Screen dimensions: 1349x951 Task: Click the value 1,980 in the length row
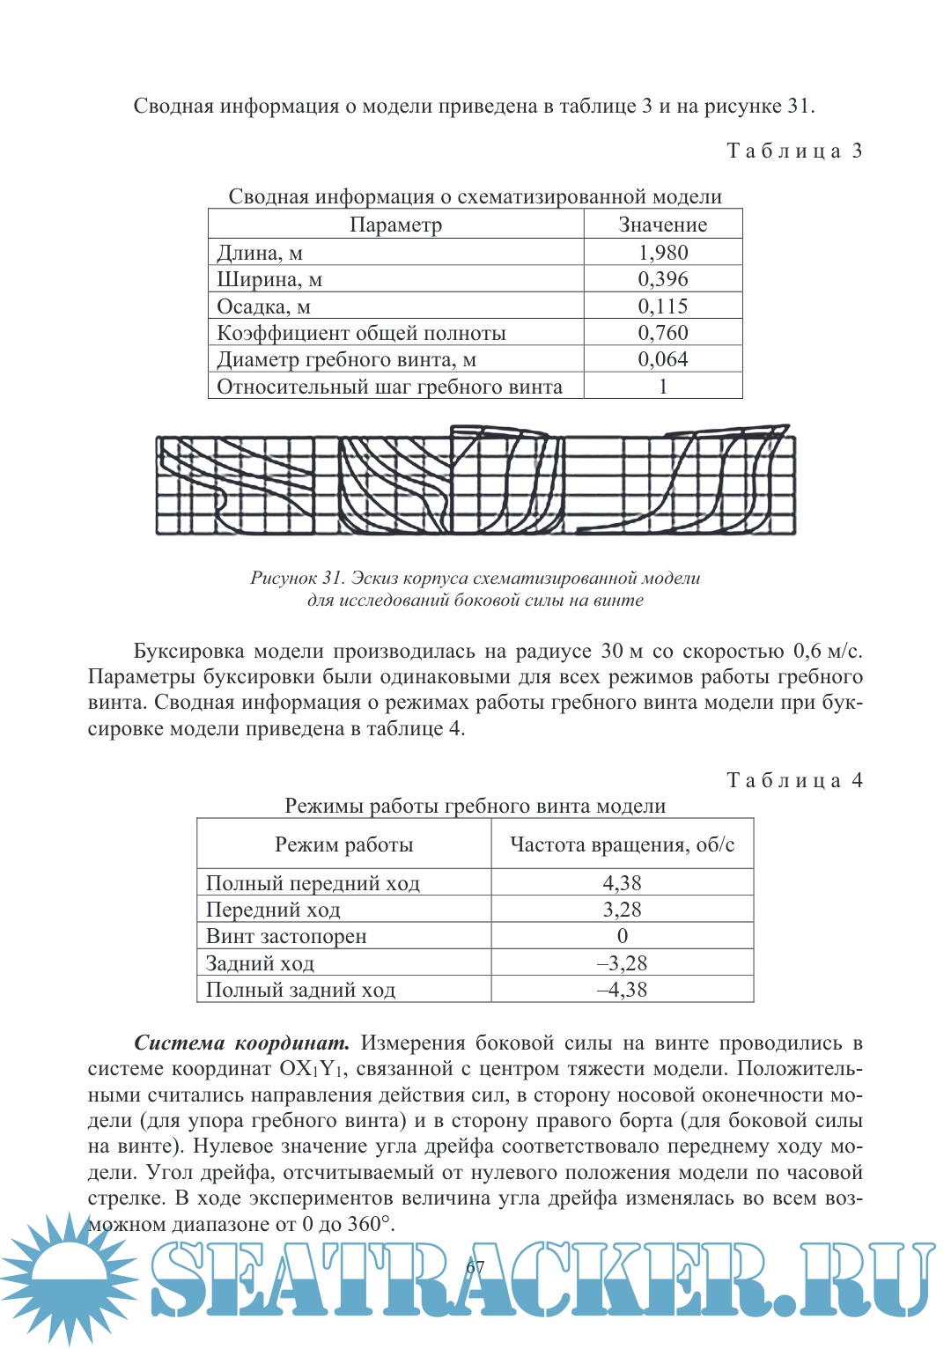tap(663, 253)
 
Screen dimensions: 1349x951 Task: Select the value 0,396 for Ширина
tap(663, 279)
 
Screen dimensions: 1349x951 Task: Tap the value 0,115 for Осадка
tap(663, 306)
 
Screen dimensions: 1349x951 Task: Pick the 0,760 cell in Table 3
tap(663, 333)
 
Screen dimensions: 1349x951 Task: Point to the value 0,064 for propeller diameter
tap(663, 359)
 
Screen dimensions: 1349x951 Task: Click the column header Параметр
tap(395, 225)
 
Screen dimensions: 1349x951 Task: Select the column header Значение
tap(662, 225)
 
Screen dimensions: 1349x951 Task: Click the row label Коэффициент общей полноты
tap(361, 333)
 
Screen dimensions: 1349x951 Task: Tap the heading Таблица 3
tap(794, 151)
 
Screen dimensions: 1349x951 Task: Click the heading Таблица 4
tap(794, 780)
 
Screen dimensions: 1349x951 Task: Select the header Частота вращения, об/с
tap(622, 844)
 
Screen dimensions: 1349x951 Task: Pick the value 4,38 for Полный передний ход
tap(622, 883)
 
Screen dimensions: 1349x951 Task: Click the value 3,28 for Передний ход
tap(622, 910)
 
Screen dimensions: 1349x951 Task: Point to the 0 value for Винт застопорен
tap(622, 936)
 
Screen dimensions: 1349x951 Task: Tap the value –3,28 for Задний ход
tap(622, 963)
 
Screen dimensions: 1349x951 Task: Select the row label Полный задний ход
tap(300, 990)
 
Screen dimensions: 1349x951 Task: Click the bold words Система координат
tap(241, 1043)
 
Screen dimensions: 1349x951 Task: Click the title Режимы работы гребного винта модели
tap(475, 806)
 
